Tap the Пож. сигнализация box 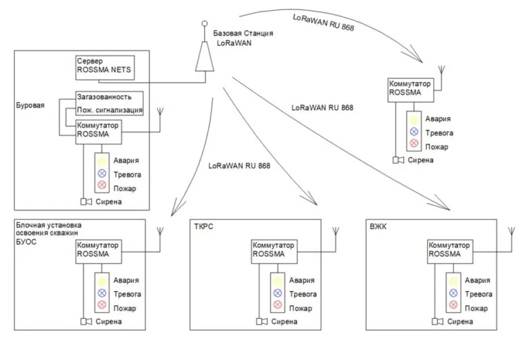tap(109, 109)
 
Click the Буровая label tap(30, 106)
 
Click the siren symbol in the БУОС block tap(86, 322)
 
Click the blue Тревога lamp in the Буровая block tap(102, 174)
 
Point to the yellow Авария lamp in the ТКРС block tap(278, 280)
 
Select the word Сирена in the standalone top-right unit tap(420, 160)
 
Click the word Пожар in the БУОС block tap(125, 308)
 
